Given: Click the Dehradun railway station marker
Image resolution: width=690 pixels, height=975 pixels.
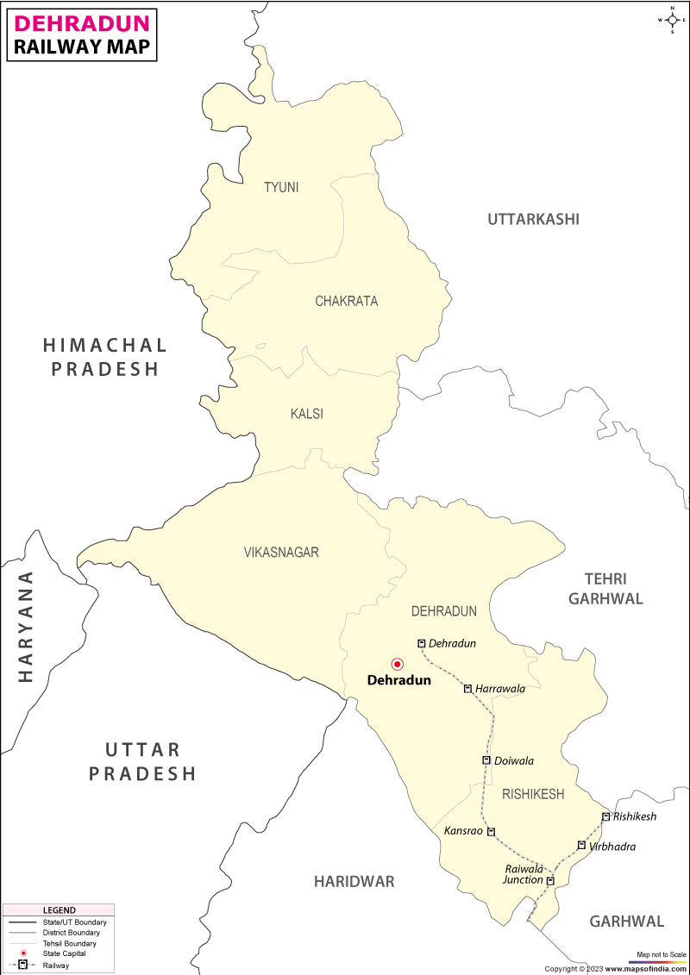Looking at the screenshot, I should pos(422,643).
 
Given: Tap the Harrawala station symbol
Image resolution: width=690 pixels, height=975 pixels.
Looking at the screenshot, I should pos(467,689).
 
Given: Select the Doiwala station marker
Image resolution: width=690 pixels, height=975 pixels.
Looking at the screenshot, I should pos(486,760).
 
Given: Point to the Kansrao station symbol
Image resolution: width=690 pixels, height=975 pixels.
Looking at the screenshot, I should pos(491,832).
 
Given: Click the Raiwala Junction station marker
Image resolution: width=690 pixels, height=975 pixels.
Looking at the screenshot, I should pos(550,880).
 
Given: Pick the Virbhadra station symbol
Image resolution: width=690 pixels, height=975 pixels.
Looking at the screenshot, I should pos(582,846).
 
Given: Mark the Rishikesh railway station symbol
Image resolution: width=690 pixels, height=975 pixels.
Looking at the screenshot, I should pos(606,816).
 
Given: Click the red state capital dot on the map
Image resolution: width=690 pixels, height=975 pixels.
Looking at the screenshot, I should pos(398,664).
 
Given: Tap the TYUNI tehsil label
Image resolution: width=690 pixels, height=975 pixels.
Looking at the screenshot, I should pos(281,187).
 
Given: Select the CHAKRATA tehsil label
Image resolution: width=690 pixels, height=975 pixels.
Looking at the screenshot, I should pos(346,301).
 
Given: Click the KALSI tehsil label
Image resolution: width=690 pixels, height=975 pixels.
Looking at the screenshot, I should pos(307,414).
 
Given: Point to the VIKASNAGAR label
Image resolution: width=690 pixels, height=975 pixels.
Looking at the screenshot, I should pos(281,552).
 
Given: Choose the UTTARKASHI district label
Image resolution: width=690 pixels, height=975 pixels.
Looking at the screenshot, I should pos(533,219).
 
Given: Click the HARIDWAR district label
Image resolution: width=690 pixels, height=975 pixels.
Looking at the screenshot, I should pos(354,881).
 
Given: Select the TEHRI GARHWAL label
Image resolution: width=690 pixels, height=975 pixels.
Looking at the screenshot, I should pos(605,589).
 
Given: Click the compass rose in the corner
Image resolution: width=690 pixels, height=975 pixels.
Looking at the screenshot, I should pos(672,19).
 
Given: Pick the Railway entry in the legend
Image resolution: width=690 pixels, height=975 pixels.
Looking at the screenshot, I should pos(56,966).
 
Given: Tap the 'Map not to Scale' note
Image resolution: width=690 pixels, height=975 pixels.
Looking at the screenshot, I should pos(662,954).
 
